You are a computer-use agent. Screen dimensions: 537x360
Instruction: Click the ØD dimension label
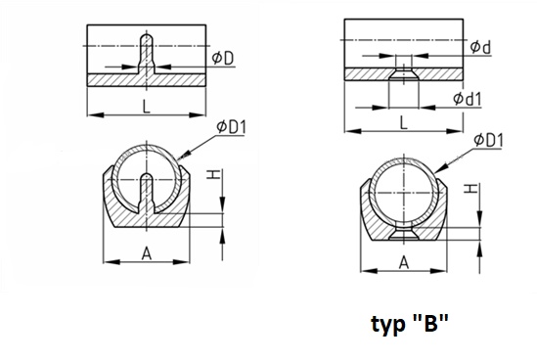pyautogui.click(x=223, y=58)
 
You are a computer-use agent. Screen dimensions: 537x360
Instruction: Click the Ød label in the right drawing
pyautogui.click(x=480, y=47)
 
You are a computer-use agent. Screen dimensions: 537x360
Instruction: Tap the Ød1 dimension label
pyautogui.click(x=468, y=99)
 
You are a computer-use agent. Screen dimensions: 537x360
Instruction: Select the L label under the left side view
pyautogui.click(x=147, y=107)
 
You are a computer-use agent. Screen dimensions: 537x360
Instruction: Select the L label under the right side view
pyautogui.click(x=404, y=122)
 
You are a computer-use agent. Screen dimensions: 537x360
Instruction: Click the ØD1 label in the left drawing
pyautogui.click(x=231, y=127)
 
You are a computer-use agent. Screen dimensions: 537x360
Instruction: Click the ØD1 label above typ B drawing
pyautogui.click(x=489, y=140)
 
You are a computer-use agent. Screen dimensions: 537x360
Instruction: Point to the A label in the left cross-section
pyautogui.click(x=147, y=253)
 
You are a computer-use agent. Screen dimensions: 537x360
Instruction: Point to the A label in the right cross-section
pyautogui.click(x=404, y=263)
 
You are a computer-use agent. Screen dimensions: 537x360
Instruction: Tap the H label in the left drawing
pyautogui.click(x=213, y=175)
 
